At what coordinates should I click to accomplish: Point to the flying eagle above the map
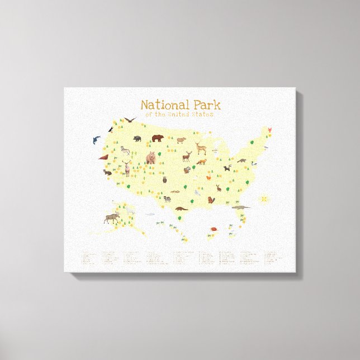pyautogui.click(x=130, y=120)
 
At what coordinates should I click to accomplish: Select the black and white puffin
pyautogui.click(x=111, y=129)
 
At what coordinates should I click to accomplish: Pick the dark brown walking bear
pyautogui.click(x=157, y=138)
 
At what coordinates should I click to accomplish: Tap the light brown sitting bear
pyautogui.click(x=150, y=158)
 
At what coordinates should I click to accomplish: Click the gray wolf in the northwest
pyautogui.click(x=125, y=150)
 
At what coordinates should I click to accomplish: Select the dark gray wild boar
pyautogui.click(x=138, y=138)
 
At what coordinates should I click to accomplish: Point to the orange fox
pyautogui.click(x=200, y=162)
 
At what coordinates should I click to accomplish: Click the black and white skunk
pyautogui.click(x=226, y=168)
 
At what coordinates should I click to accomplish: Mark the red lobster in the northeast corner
pyautogui.click(x=271, y=130)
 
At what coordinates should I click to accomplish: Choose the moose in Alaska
pyautogui.click(x=111, y=217)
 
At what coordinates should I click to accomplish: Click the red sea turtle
pyautogui.click(x=213, y=229)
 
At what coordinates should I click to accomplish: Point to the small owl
pyautogui.click(x=165, y=179)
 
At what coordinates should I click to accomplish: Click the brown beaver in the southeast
pyautogui.click(x=211, y=199)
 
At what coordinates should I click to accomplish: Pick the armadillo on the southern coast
pyautogui.click(x=181, y=209)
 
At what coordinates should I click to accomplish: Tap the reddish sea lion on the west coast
pyautogui.click(x=103, y=158)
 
